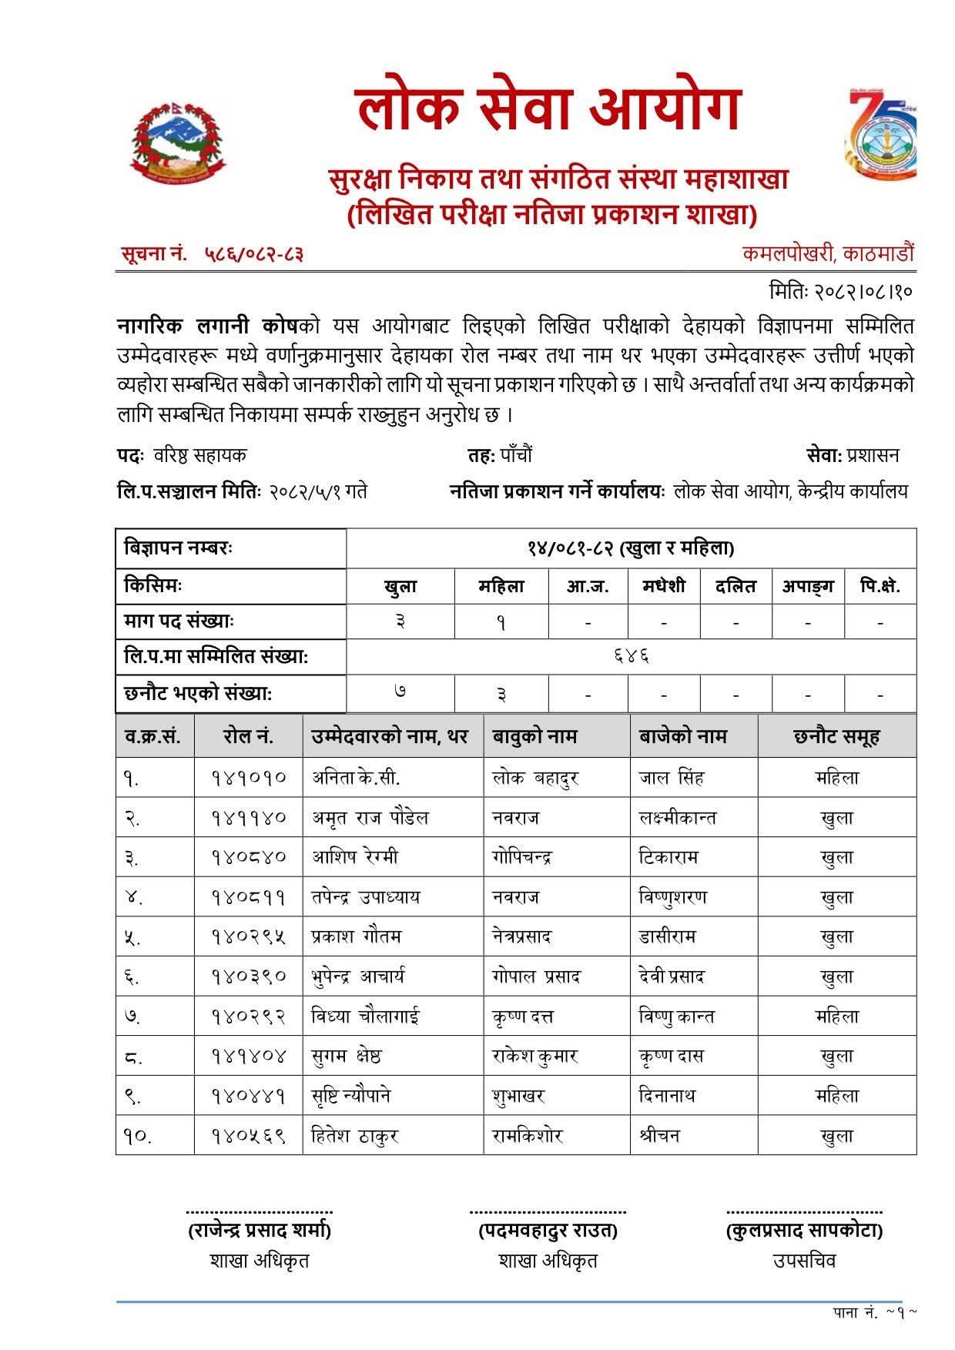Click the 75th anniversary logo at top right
click(880, 136)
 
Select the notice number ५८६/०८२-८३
click(254, 253)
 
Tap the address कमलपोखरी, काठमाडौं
click(828, 253)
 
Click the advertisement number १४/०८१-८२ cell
click(631, 548)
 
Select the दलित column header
click(736, 586)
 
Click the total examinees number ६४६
click(631, 657)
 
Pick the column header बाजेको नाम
click(682, 736)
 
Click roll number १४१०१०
click(248, 778)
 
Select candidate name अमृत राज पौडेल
click(370, 818)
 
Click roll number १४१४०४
click(248, 1057)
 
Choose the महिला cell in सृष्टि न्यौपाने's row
click(836, 1096)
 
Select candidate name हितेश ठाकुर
click(354, 1136)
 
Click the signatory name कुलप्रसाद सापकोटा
click(804, 1231)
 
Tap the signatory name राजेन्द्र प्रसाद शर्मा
click(259, 1231)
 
